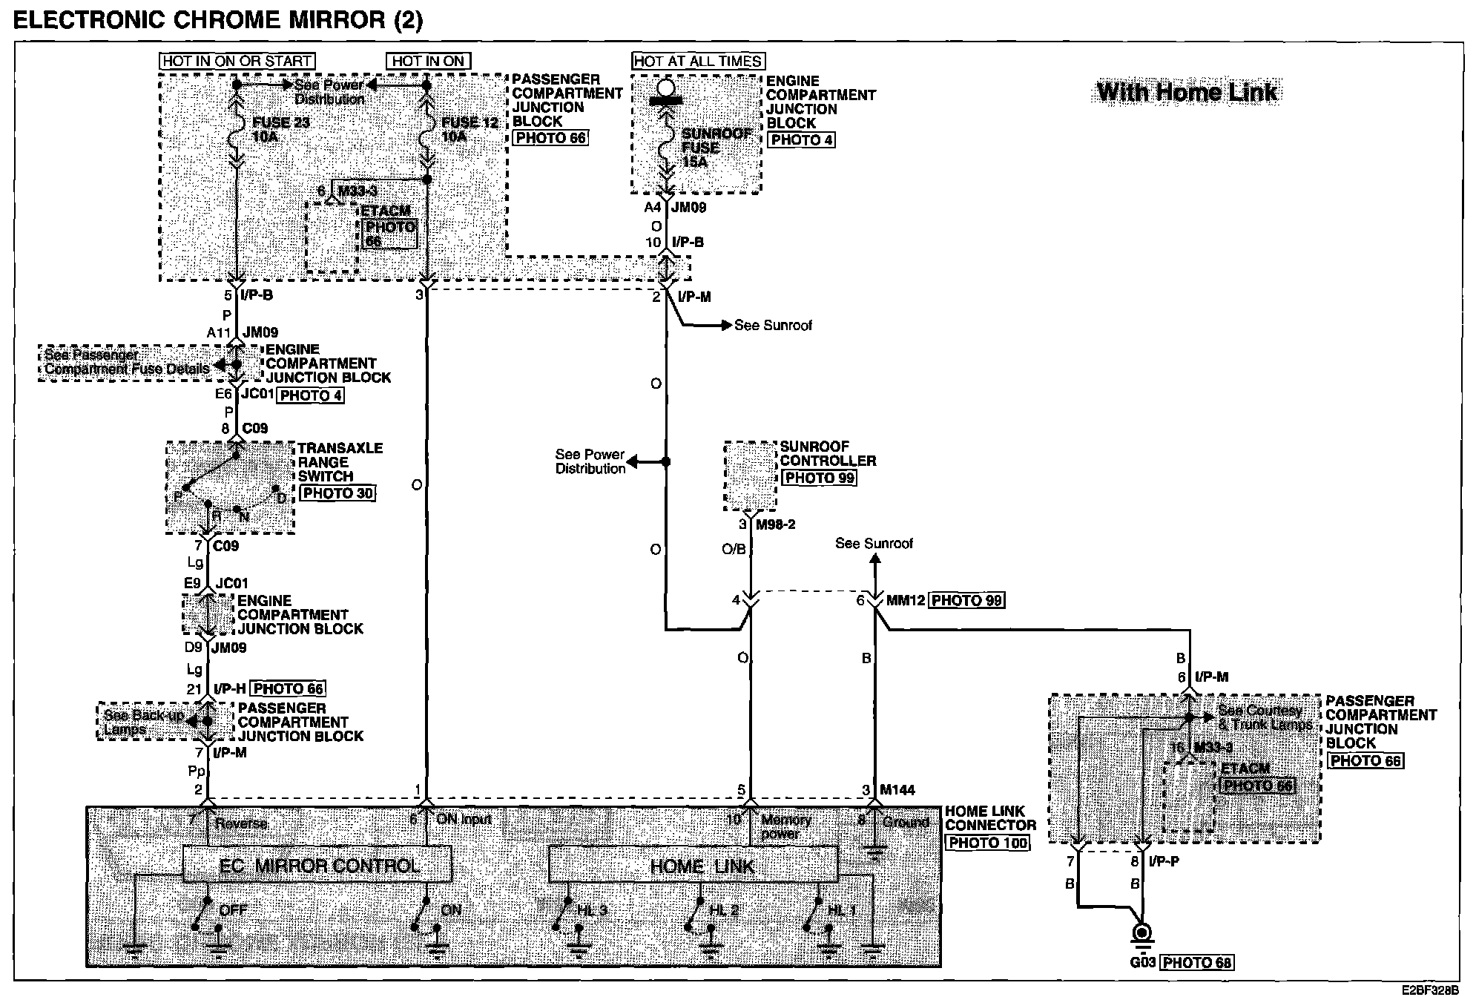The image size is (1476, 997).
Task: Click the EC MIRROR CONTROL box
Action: (317, 866)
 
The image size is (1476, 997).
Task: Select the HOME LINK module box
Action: (693, 866)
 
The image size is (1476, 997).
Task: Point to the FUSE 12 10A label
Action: (470, 129)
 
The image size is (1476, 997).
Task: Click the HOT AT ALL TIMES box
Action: (699, 61)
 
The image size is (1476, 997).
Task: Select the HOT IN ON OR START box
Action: (237, 61)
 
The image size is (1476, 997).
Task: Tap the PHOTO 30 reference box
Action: (337, 493)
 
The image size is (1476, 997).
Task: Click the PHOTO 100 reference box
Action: (987, 843)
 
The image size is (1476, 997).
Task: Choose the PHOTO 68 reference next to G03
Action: (1197, 963)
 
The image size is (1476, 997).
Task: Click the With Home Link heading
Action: (1187, 93)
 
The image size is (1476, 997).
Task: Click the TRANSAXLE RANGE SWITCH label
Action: (340, 462)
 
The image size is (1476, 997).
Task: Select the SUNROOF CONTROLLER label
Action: (827, 453)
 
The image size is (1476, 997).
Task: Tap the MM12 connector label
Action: (905, 600)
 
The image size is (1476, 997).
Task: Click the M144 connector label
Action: (898, 790)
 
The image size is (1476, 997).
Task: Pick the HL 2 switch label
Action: (724, 910)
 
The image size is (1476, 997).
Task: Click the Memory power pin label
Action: (785, 826)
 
